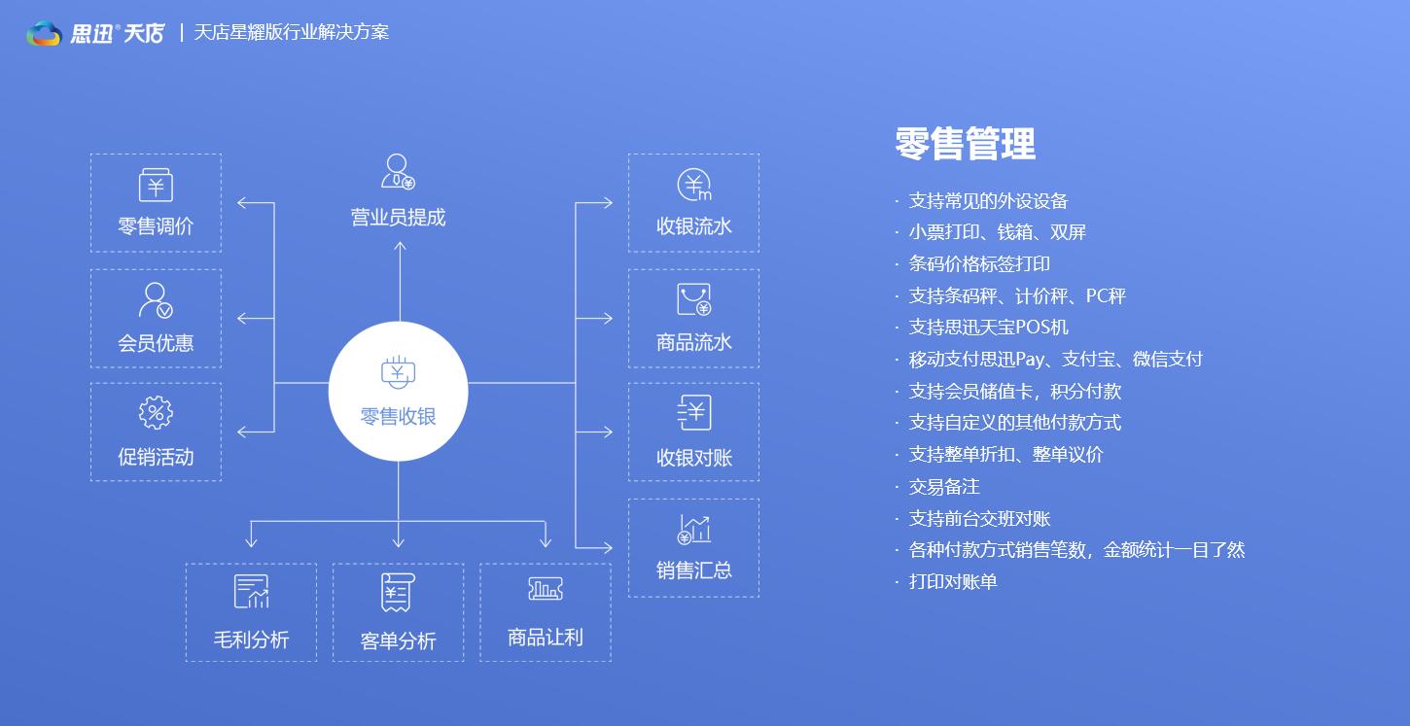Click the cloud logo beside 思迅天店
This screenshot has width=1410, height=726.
tap(44, 33)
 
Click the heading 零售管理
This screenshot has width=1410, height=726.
tap(965, 145)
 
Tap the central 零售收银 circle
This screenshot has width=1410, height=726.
tap(398, 392)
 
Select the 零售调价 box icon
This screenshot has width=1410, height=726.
tap(156, 186)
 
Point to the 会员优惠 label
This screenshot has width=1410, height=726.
tap(156, 343)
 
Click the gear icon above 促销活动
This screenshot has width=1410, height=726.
tap(156, 413)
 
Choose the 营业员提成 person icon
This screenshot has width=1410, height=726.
tap(398, 172)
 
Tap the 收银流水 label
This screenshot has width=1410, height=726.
tap(693, 226)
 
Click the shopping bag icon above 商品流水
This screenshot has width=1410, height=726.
tap(693, 299)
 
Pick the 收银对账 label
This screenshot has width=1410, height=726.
tap(693, 458)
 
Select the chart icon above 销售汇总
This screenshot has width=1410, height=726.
tap(693, 529)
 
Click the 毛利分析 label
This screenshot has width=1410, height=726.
tap(251, 640)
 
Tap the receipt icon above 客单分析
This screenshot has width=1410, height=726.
tap(398, 592)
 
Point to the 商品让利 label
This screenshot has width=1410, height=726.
tap(545, 638)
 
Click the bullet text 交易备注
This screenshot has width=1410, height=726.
tap(943, 487)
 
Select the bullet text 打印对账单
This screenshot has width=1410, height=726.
tap(953, 582)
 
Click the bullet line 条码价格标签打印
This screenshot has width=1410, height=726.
tap(979, 264)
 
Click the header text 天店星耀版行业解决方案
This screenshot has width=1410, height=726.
tap(291, 32)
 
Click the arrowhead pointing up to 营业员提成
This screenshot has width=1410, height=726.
tap(400, 246)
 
